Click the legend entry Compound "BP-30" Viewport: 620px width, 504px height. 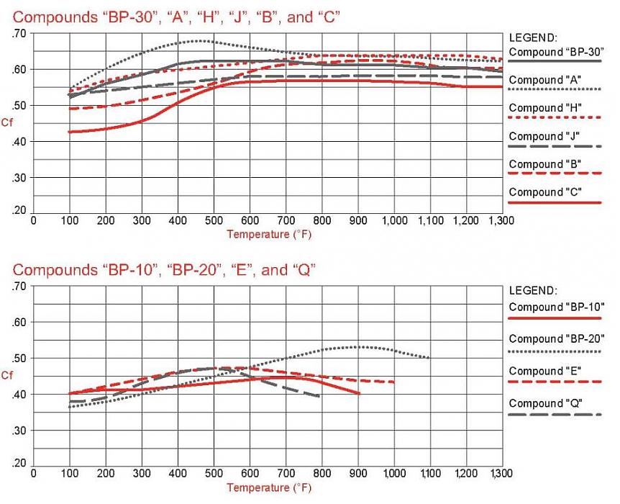[554, 52]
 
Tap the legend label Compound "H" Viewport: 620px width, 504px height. [545, 107]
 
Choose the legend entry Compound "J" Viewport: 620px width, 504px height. [545, 135]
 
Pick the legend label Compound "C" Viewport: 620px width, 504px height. [545, 192]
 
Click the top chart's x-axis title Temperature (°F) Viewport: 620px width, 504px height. [269, 234]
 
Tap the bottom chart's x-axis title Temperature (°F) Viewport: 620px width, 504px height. [269, 487]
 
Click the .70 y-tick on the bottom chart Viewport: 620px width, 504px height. [19, 287]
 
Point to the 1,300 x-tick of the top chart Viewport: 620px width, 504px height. [501, 220]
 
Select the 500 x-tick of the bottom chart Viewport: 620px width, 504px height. [214, 474]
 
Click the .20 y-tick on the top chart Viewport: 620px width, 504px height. [19, 211]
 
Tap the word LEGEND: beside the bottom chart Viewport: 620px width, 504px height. [533, 291]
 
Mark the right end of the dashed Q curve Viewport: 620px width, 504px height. [319, 396]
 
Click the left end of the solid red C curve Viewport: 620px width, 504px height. [70, 132]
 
